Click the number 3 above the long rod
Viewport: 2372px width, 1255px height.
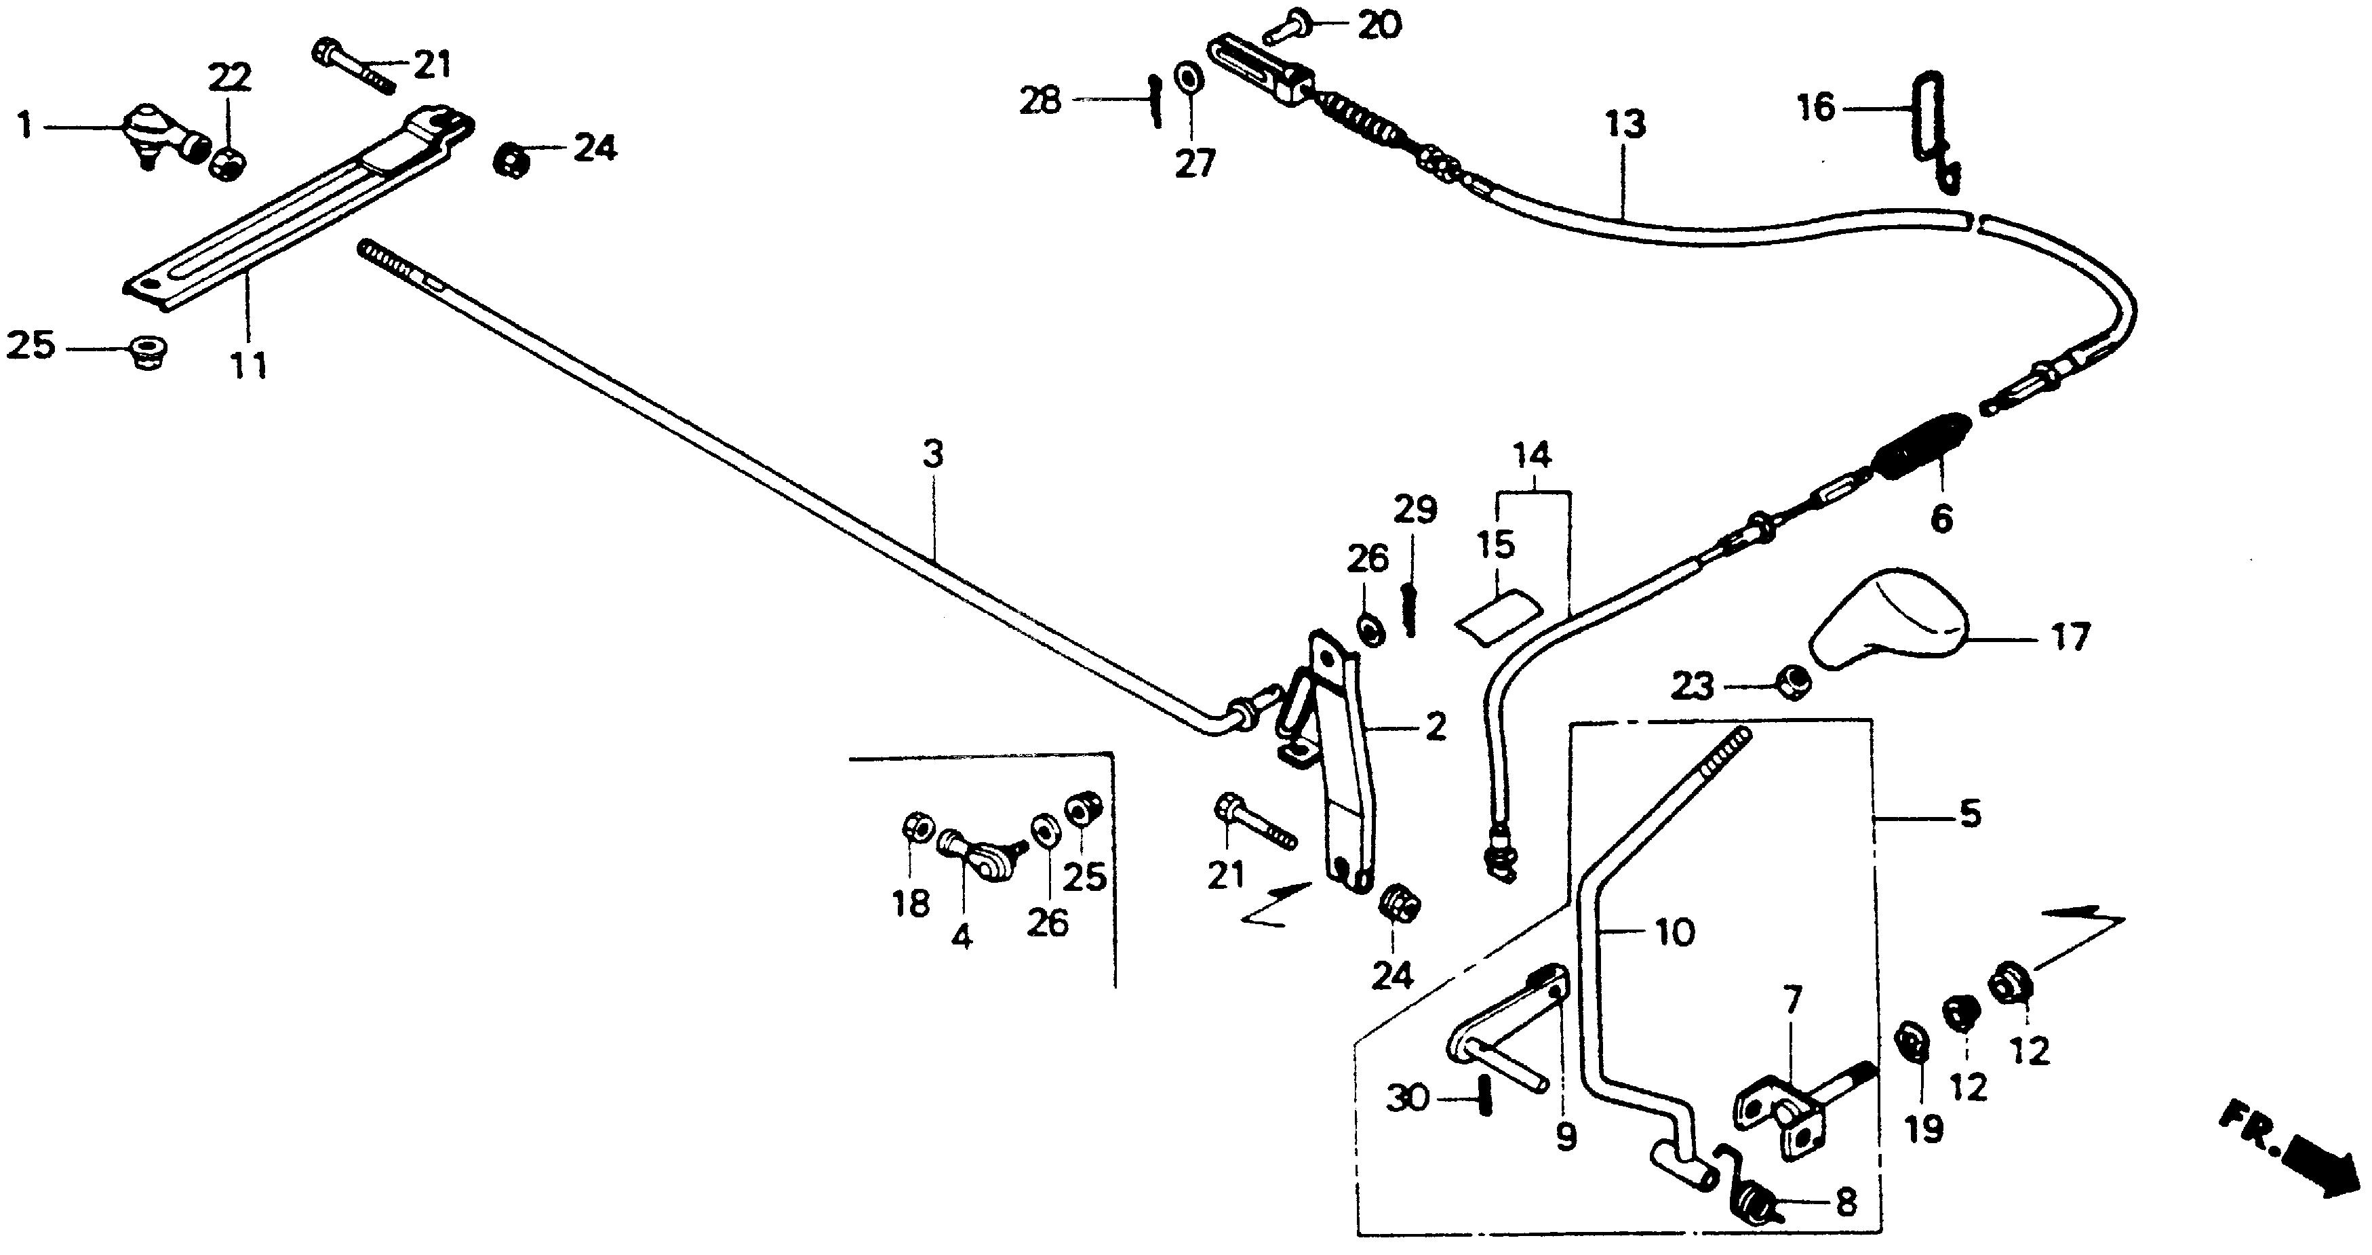[x=933, y=454]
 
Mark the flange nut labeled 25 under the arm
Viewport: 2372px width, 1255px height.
[x=142, y=352]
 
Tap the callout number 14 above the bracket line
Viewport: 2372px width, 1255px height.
[x=1533, y=455]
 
